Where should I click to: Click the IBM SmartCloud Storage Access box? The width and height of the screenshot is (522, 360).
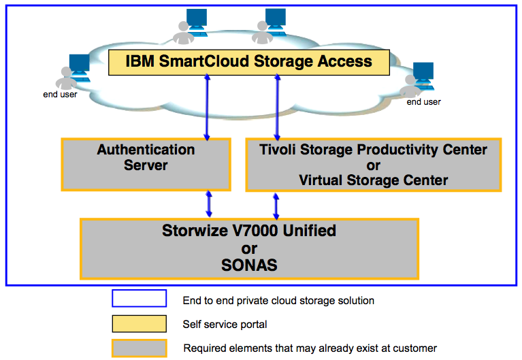pyautogui.click(x=249, y=62)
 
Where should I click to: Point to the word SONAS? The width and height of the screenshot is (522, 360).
pyautogui.click(x=249, y=265)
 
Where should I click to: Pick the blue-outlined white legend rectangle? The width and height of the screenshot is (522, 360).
pyautogui.click(x=140, y=299)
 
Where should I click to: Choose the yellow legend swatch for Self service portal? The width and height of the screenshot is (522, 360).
pyautogui.click(x=140, y=323)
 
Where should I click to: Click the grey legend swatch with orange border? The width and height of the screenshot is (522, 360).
pyautogui.click(x=140, y=348)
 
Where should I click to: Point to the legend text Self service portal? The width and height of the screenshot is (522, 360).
pyautogui.click(x=225, y=324)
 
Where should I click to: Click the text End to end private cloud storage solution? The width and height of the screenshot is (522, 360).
pyautogui.click(x=278, y=300)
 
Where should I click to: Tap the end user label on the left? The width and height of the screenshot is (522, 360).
pyautogui.click(x=60, y=95)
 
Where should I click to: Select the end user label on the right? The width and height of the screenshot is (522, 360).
pyautogui.click(x=423, y=102)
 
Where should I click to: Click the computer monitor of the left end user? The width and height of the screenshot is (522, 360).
pyautogui.click(x=78, y=65)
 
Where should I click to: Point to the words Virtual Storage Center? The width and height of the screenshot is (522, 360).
pyautogui.click(x=373, y=180)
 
